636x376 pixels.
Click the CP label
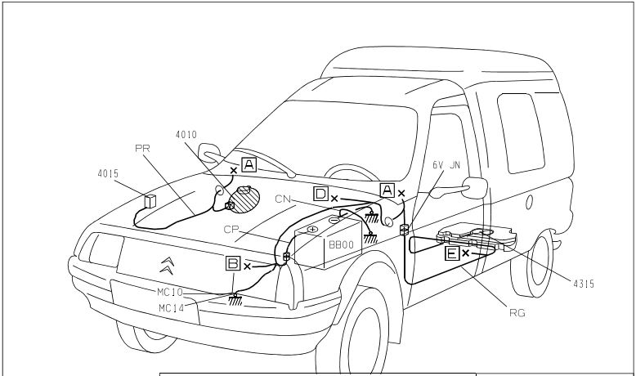[x=231, y=230]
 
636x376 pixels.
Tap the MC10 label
[x=170, y=291]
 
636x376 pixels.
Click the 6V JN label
[x=447, y=164]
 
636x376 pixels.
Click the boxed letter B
[x=234, y=263]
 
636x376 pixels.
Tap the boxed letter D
[x=321, y=194]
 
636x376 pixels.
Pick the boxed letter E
[x=451, y=253]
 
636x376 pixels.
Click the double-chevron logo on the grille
[x=167, y=263]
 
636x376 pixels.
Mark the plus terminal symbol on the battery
[x=312, y=230]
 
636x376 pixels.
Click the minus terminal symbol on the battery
[x=334, y=219]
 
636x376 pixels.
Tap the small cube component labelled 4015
[x=150, y=200]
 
